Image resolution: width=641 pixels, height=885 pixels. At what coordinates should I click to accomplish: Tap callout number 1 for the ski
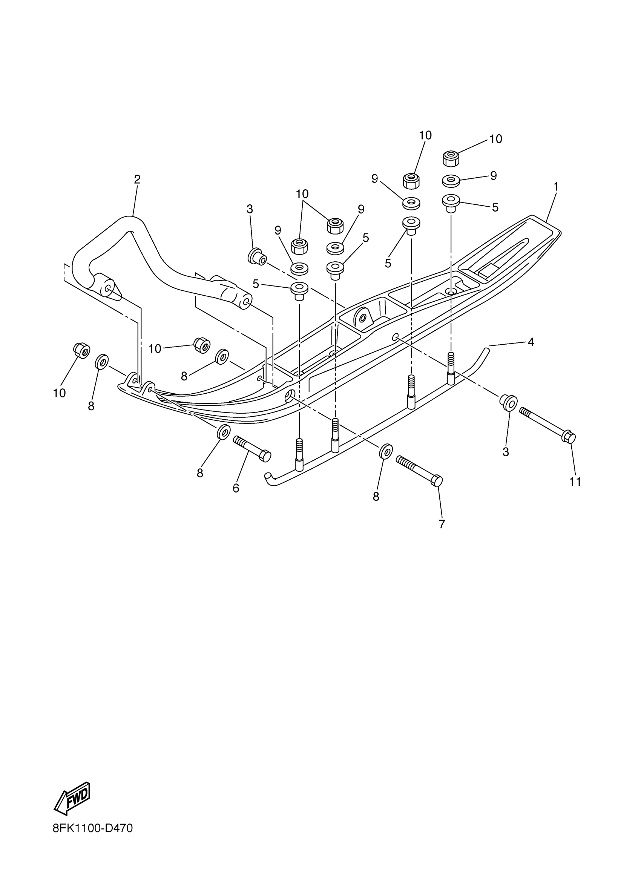pyautogui.click(x=555, y=187)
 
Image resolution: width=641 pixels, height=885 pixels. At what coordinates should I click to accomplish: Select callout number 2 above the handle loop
pyautogui.click(x=137, y=179)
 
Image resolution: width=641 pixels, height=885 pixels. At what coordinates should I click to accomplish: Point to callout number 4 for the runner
pyautogui.click(x=531, y=342)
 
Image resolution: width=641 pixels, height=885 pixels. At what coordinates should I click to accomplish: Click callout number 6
pyautogui.click(x=236, y=488)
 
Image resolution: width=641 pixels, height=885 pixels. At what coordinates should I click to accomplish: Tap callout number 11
pyautogui.click(x=575, y=482)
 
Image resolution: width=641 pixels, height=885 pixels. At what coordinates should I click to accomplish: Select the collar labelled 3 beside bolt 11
pyautogui.click(x=508, y=402)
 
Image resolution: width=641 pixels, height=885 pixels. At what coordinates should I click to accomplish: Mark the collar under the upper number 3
pyautogui.click(x=257, y=257)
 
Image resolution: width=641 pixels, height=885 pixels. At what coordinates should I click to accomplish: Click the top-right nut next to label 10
pyautogui.click(x=451, y=158)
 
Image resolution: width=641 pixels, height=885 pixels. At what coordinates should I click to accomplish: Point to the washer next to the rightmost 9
pyautogui.click(x=451, y=181)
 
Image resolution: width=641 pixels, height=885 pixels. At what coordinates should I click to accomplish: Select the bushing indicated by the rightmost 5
pyautogui.click(x=451, y=202)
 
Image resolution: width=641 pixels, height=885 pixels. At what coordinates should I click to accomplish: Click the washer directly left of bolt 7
pyautogui.click(x=385, y=451)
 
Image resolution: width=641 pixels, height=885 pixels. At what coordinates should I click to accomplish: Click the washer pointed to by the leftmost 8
pyautogui.click(x=102, y=361)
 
